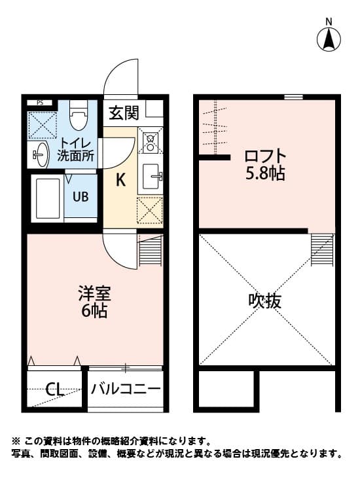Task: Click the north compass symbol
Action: tap(329, 39)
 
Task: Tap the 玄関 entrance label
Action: tap(124, 113)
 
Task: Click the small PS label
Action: tap(40, 103)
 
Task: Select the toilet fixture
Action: tap(79, 117)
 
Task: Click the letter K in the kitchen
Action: tap(120, 181)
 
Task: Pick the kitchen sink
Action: tap(152, 175)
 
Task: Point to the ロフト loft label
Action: tap(265, 157)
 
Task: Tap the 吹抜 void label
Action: tap(265, 301)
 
